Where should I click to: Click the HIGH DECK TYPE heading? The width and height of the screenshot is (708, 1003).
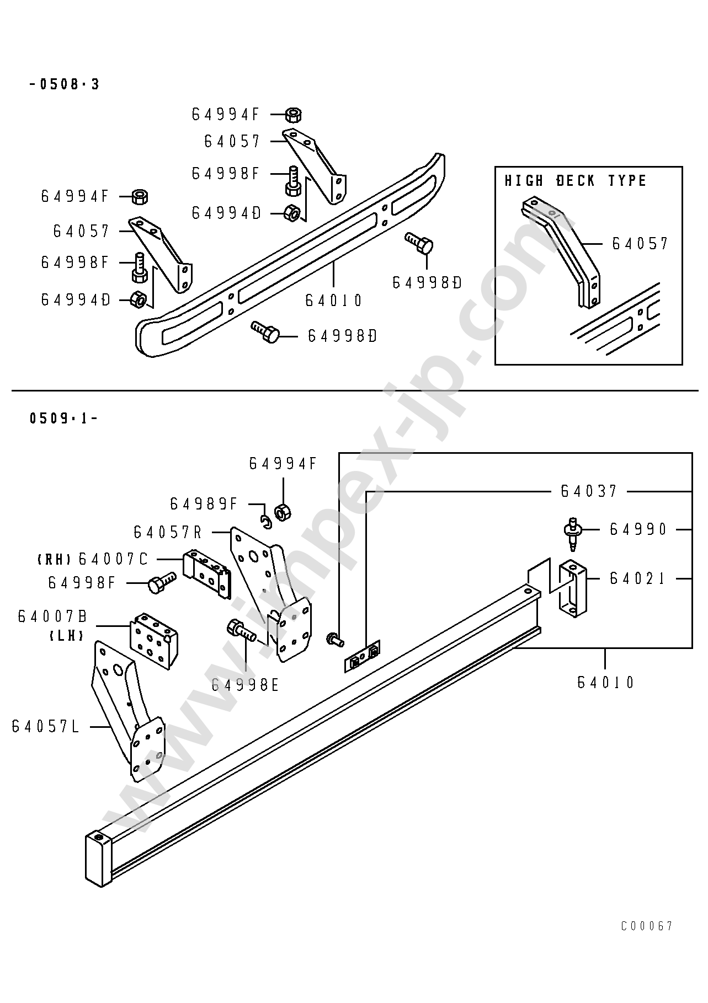[576, 181]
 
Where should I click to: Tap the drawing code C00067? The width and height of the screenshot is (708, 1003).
[647, 926]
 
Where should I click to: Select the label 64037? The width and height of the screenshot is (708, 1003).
[589, 491]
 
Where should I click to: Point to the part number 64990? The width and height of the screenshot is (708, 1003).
[638, 529]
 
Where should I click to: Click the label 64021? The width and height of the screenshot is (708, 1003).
[638, 578]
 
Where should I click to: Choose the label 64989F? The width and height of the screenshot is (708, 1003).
[204, 503]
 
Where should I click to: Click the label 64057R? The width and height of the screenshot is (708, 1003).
[168, 532]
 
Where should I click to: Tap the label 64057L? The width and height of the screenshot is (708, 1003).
[46, 727]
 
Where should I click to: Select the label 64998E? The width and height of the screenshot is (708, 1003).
[246, 685]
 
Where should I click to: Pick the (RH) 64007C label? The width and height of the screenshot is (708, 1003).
[93, 559]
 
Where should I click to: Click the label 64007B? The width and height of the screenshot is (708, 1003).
[52, 616]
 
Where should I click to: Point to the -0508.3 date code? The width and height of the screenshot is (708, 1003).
[65, 84]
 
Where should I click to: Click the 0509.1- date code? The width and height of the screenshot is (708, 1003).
[63, 418]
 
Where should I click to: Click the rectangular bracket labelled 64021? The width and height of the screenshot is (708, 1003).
[572, 588]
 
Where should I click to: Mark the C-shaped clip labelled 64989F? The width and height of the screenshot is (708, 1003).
[266, 521]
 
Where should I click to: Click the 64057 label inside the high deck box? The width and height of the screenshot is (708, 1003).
[640, 243]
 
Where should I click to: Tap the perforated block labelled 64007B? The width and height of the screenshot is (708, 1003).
[153, 640]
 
